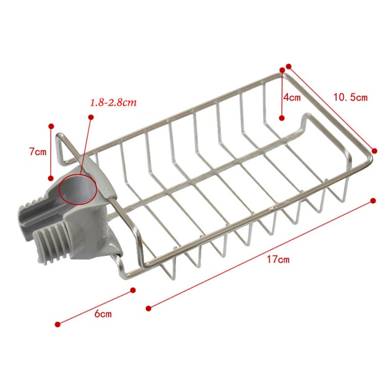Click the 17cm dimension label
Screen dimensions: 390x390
(278, 259)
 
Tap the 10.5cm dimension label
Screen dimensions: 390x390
(350, 97)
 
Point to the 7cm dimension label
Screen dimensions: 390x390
(38, 152)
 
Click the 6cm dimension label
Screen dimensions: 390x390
(103, 314)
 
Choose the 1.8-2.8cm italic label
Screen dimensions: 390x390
(113, 103)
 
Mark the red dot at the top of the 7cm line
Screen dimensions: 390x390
(51, 126)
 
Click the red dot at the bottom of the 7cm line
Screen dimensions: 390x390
(51, 178)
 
